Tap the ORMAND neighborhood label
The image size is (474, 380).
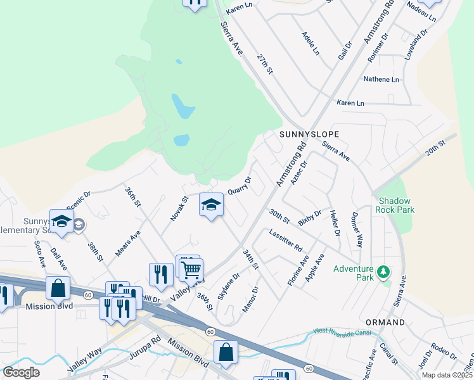385,322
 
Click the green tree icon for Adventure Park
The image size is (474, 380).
383,272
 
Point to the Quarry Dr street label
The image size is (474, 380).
240,186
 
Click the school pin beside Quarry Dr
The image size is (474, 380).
211,205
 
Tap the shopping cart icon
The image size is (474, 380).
190,270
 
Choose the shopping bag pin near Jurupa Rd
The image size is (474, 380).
226,352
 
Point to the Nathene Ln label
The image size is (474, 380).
381,80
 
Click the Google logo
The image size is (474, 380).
21,372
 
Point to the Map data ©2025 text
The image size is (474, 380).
447,375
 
